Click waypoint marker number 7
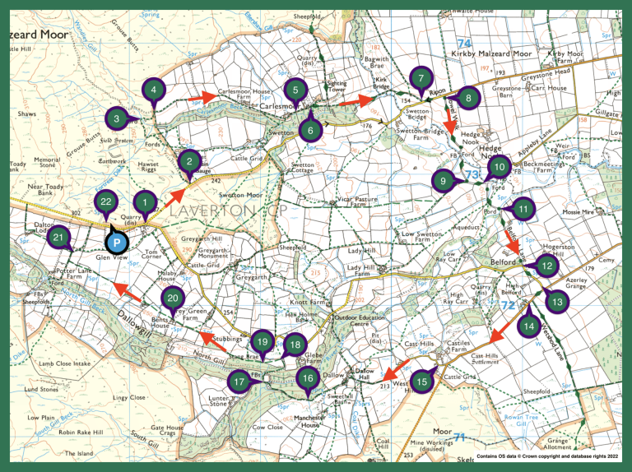tap(421, 79)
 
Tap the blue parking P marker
tap(118, 243)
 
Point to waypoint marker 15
tap(422, 382)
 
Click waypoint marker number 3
tap(118, 119)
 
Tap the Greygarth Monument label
tap(211, 258)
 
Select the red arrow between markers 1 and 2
tap(174, 197)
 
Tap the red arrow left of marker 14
tap(497, 334)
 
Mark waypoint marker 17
tap(239, 382)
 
